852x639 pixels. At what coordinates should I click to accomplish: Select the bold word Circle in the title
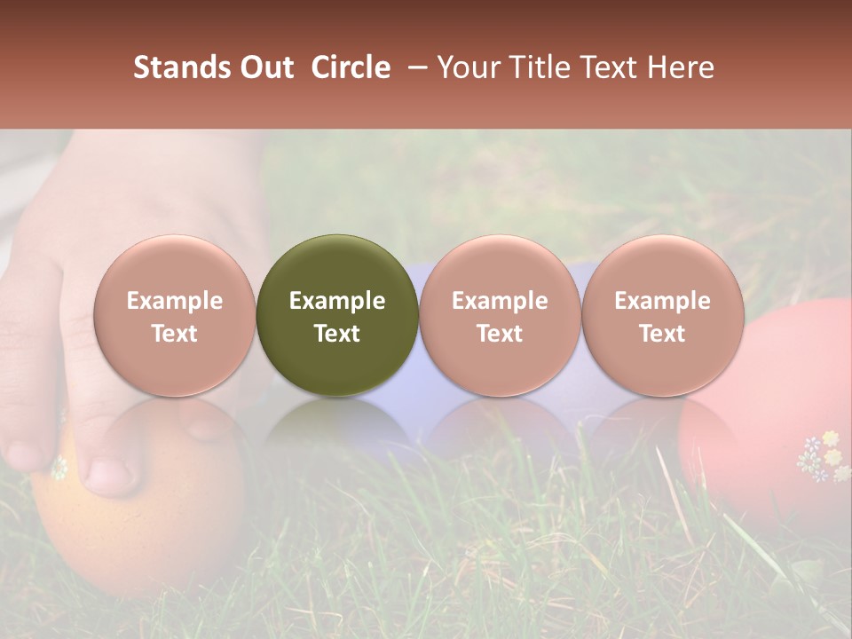[351, 67]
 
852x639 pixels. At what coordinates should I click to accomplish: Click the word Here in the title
[682, 67]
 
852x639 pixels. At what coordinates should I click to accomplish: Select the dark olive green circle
[337, 315]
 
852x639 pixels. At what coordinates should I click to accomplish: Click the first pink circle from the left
[175, 315]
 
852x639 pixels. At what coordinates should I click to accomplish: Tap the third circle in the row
[500, 315]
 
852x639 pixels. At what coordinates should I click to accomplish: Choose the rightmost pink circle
[662, 315]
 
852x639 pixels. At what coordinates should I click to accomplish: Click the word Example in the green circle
[337, 301]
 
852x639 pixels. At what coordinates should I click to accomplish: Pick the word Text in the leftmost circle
[175, 334]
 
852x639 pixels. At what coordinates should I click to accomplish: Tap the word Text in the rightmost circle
[662, 334]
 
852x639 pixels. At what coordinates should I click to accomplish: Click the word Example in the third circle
[500, 301]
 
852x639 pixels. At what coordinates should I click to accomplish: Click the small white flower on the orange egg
[59, 467]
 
